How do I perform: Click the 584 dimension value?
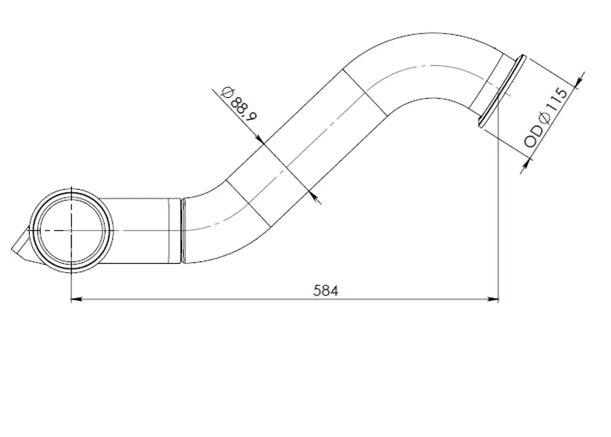326,290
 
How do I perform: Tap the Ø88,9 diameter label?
238,103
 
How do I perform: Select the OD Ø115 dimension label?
546,117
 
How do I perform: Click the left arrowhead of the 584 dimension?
76,299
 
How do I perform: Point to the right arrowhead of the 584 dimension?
493,299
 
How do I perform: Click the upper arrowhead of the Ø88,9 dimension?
260,139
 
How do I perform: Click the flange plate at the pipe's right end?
503,91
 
